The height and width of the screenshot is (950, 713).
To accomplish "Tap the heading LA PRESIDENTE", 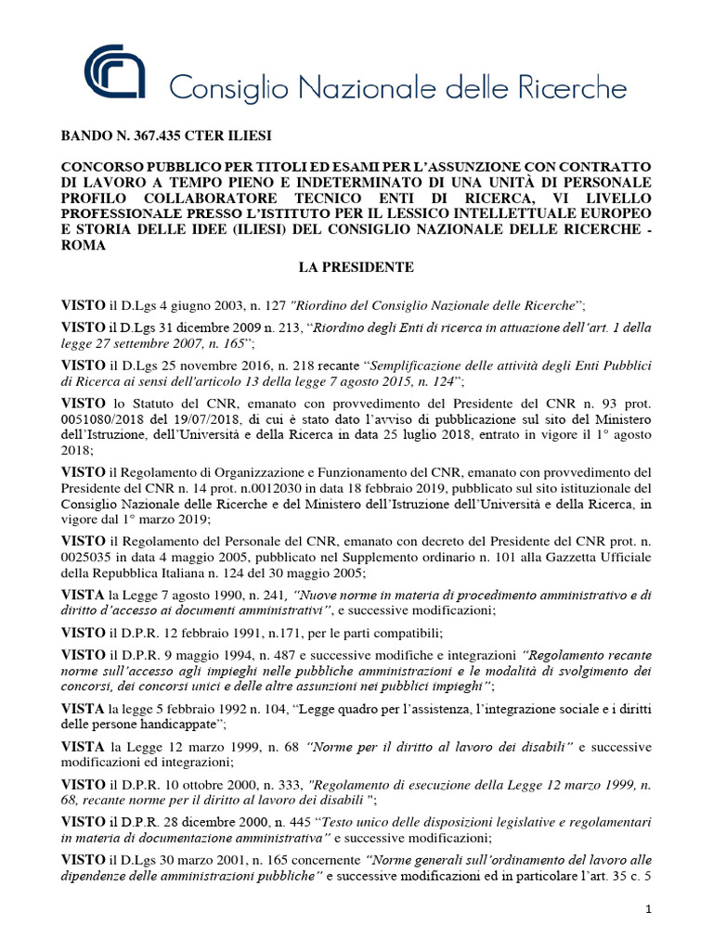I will click(356, 267).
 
